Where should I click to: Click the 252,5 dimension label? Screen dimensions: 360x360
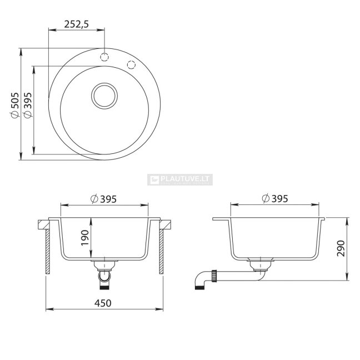click(x=76, y=24)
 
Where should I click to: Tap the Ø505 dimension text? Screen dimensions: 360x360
click(x=15, y=106)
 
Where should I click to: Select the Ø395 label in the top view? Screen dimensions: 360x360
click(x=28, y=106)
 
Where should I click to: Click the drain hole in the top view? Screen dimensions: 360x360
click(x=104, y=96)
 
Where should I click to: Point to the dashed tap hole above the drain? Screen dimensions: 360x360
click(x=104, y=57)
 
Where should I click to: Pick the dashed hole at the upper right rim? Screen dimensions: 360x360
click(x=131, y=64)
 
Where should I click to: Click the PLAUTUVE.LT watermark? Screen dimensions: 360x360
click(x=180, y=179)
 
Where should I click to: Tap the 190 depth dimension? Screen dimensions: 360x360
click(x=85, y=238)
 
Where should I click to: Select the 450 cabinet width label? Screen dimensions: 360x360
click(x=103, y=303)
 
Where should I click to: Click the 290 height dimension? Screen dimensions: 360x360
click(x=341, y=248)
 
